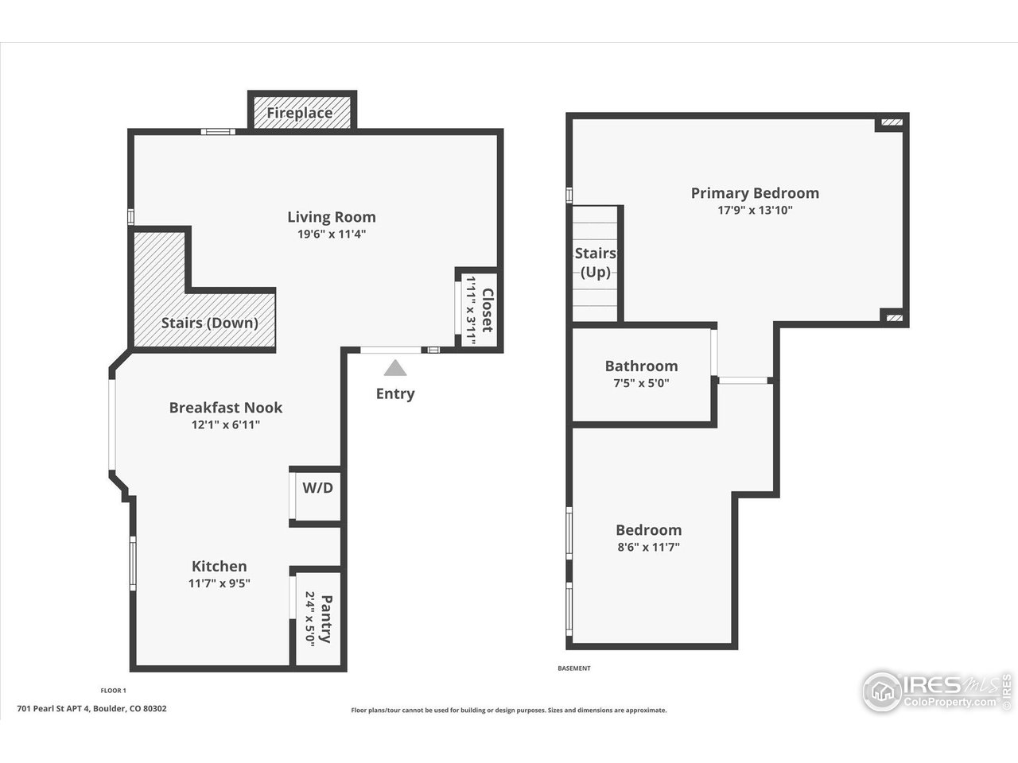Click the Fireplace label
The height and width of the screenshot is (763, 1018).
coord(299,113)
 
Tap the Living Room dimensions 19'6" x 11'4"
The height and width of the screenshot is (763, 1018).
coord(331,234)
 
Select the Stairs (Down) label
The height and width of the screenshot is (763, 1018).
coord(209,323)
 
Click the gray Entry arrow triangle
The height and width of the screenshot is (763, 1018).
coord(395,368)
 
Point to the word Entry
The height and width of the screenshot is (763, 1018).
coord(395,393)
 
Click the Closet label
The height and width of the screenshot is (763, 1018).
coord(488,311)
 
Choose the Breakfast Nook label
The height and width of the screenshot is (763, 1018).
coord(225,407)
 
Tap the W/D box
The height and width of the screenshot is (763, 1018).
coord(317,488)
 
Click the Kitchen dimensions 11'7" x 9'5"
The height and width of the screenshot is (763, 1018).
coord(220,583)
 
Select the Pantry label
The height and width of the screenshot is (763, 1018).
coord(324,619)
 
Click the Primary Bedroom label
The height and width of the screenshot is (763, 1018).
coord(754,192)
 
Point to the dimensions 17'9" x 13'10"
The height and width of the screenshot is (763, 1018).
coord(754,211)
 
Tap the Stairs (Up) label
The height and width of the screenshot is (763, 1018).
coord(595,262)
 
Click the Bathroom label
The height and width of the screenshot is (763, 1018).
coord(641,366)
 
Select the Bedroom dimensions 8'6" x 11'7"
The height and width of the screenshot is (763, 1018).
coord(648,547)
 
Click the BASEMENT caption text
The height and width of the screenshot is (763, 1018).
coord(574,668)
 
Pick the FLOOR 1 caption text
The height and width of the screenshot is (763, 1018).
coord(113,691)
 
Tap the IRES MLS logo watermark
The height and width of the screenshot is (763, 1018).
coord(935,691)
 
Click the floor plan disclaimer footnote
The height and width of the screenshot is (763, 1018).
coord(509,711)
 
